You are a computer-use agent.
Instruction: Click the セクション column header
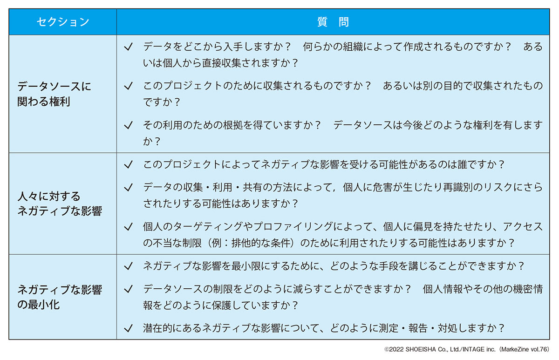63,22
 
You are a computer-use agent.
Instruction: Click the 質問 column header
333,22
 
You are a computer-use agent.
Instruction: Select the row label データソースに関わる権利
55,94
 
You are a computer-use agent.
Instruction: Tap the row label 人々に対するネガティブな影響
60,204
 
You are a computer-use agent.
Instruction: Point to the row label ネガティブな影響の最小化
60,297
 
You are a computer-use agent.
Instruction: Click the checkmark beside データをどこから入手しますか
128,47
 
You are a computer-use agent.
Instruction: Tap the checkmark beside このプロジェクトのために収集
128,86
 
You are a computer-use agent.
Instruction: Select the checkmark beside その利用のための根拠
128,125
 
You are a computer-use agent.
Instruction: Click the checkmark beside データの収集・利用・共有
128,188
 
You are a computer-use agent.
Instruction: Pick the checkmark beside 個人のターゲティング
128,227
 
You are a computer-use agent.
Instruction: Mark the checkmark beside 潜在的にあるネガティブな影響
128,328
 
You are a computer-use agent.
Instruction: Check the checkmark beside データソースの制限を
128,289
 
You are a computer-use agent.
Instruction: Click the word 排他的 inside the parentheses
246,243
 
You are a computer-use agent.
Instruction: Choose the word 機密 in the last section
523,289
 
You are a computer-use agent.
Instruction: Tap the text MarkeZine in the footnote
514,350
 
